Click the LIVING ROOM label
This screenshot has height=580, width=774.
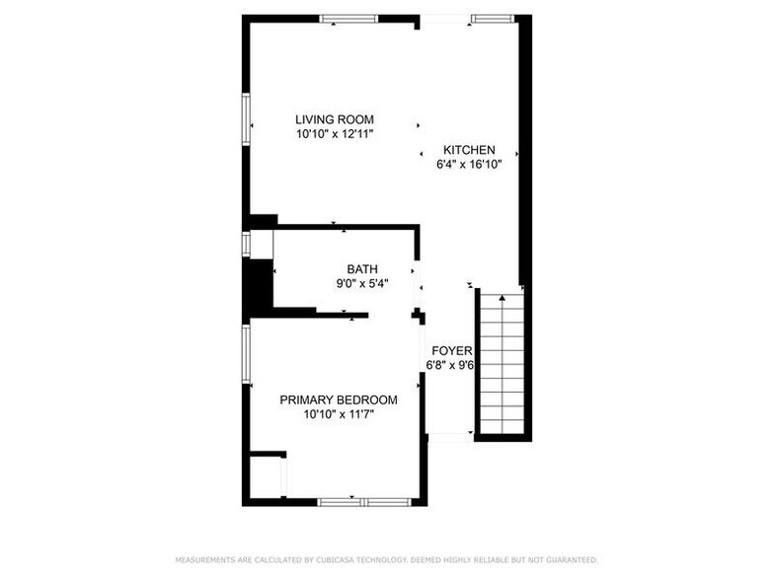[x=334, y=119]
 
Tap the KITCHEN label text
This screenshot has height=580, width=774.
[x=469, y=150]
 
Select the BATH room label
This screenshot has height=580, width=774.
[x=361, y=268]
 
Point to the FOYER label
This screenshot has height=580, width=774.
[x=449, y=350]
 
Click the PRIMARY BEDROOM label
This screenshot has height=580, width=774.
[x=339, y=399]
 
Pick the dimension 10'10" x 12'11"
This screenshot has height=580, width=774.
[x=334, y=133]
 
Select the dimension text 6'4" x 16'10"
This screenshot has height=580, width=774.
[x=469, y=165]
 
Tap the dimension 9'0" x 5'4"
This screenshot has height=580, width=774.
[x=361, y=283]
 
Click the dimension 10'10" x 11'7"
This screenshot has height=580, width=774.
[x=339, y=414]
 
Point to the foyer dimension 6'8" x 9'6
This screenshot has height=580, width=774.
[x=449, y=365]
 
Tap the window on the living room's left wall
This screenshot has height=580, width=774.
[x=246, y=118]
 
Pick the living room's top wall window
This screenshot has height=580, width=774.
[x=348, y=18]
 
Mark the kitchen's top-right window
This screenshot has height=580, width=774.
[x=492, y=18]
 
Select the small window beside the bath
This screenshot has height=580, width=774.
[x=246, y=244]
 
